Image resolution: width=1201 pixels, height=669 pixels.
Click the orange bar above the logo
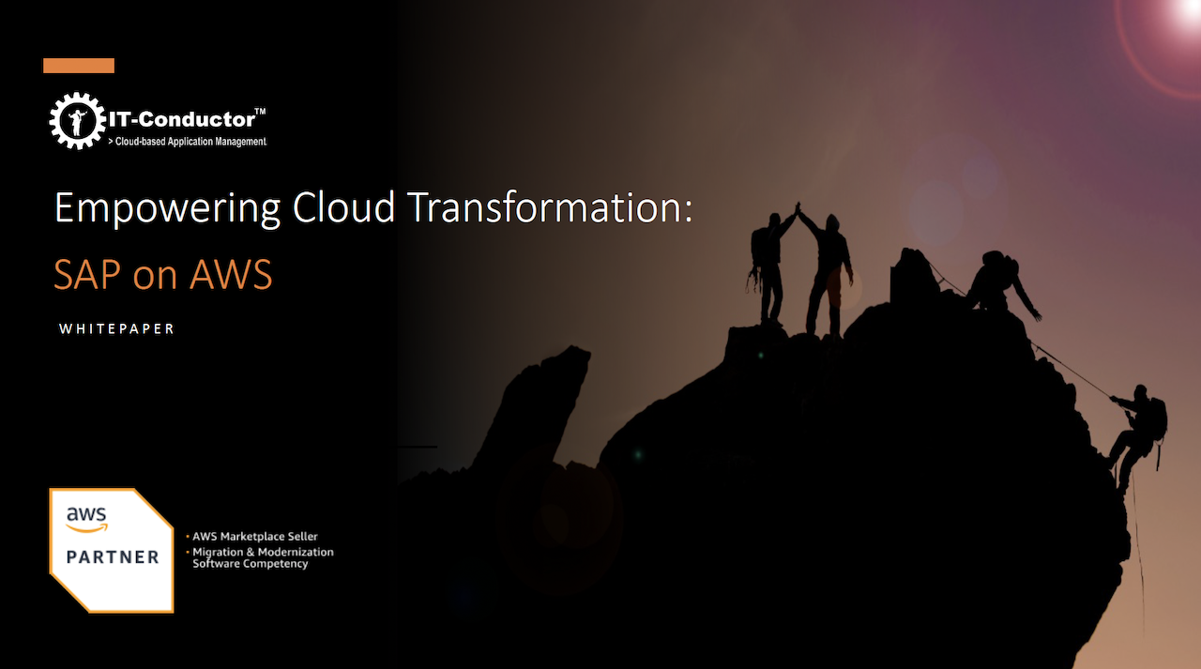click(x=79, y=66)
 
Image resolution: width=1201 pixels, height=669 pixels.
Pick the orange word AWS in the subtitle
click(x=230, y=275)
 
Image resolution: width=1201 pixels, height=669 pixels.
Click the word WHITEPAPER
click(x=116, y=329)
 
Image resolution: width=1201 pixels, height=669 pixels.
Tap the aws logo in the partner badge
click(x=87, y=518)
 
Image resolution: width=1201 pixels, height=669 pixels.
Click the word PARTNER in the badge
click(x=113, y=557)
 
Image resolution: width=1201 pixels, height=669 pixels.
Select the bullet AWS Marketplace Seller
click(x=254, y=537)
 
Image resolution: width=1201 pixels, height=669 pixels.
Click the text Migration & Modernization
click(x=263, y=552)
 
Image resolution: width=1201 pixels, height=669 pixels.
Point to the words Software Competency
click(x=250, y=564)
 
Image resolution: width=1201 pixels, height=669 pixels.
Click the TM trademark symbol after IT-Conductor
click(x=260, y=112)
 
